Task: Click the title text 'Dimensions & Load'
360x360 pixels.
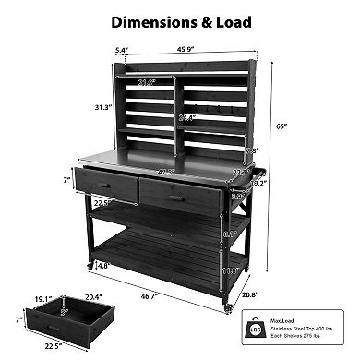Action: pos(181,19)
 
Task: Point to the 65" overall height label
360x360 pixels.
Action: pos(293,125)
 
